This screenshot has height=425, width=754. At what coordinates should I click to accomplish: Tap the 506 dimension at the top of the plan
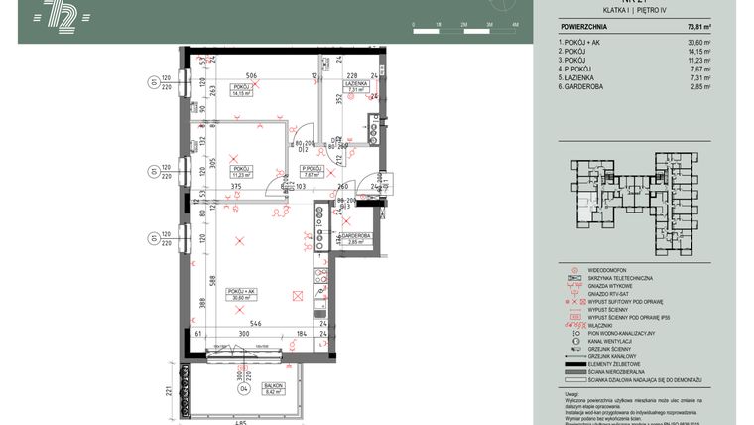point(251,75)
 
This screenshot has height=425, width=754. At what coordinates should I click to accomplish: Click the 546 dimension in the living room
point(254,324)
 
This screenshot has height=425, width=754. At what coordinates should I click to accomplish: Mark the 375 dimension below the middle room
point(236,186)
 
